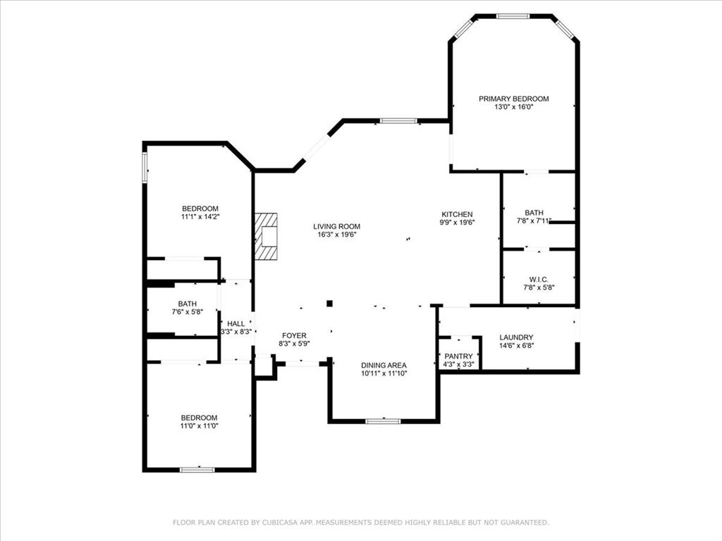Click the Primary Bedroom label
(x=513, y=99)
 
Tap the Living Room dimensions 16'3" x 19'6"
(x=336, y=234)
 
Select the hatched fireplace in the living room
(x=266, y=236)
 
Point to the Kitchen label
(x=457, y=214)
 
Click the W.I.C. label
(x=539, y=280)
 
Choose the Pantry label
(x=458, y=356)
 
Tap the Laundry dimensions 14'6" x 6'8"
(x=516, y=345)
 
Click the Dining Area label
(x=384, y=366)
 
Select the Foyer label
(x=294, y=336)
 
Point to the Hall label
(x=235, y=324)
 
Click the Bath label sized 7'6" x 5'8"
(x=188, y=304)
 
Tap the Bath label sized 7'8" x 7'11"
(x=534, y=213)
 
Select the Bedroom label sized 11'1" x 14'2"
(x=200, y=209)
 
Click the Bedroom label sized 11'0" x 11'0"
(x=199, y=418)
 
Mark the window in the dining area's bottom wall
(x=383, y=421)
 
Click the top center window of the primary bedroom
(x=513, y=16)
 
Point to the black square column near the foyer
(x=330, y=303)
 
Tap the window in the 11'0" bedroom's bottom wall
(x=197, y=470)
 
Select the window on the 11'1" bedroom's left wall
(x=145, y=168)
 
